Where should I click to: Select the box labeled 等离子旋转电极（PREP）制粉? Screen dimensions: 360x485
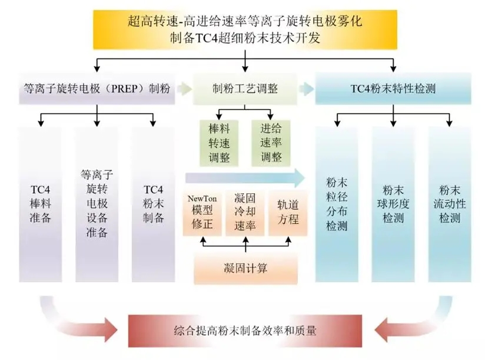click(x=97, y=90)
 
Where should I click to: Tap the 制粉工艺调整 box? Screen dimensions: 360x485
click(x=245, y=90)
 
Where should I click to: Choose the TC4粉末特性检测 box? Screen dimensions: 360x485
click(x=393, y=90)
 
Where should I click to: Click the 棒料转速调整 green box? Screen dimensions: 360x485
click(x=219, y=143)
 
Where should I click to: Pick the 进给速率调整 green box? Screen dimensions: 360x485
click(x=271, y=143)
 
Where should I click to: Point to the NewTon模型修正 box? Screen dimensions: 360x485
click(x=202, y=212)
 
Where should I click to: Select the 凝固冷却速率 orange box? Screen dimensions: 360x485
click(x=244, y=212)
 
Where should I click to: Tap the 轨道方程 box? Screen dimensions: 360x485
click(x=288, y=212)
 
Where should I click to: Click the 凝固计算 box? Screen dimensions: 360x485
click(x=245, y=269)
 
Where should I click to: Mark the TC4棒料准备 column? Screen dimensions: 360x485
click(x=41, y=203)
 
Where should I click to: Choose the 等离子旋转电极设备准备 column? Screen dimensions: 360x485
click(x=97, y=203)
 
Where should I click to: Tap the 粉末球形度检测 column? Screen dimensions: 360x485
click(x=393, y=203)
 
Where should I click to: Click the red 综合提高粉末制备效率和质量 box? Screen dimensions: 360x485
click(x=245, y=331)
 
